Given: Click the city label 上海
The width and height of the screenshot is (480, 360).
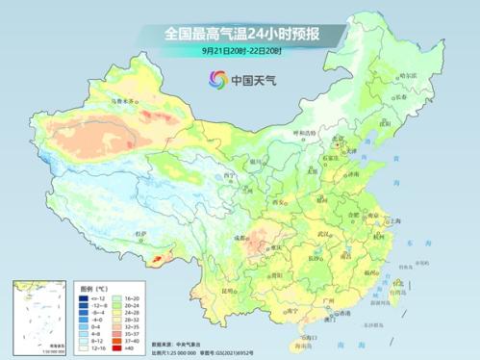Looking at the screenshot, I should click(x=390, y=221).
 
